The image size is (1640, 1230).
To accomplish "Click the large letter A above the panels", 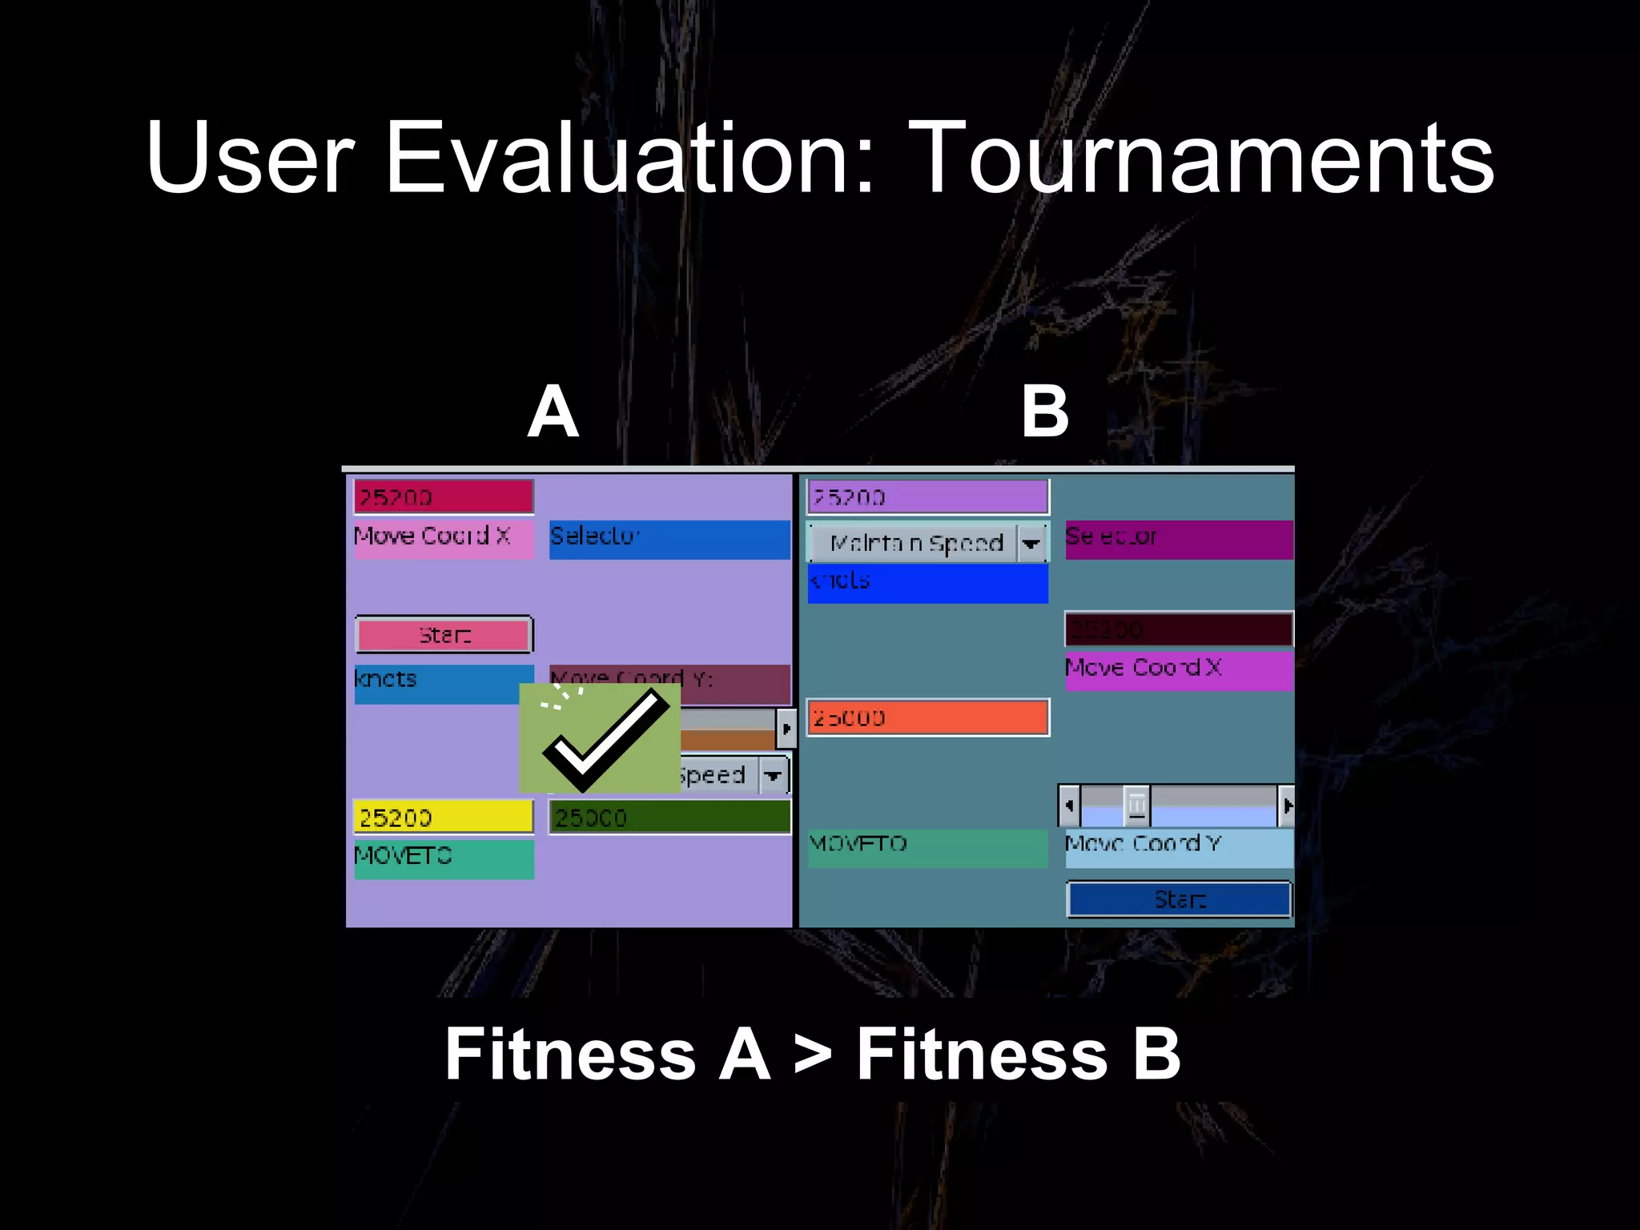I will pyautogui.click(x=553, y=412).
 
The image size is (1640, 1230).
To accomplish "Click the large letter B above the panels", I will pyautogui.click(x=1044, y=412).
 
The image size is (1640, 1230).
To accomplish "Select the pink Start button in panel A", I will pyautogui.click(x=444, y=635).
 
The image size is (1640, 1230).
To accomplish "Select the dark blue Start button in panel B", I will pyautogui.click(x=1179, y=899).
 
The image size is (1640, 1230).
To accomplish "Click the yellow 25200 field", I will pyautogui.click(x=443, y=817).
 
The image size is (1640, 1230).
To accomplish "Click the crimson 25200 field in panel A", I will pyautogui.click(x=443, y=497).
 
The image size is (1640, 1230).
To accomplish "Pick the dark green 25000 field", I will pyautogui.click(x=669, y=818).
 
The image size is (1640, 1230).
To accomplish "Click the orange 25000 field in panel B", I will pyautogui.click(x=927, y=717).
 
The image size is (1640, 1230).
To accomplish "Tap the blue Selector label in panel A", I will pyautogui.click(x=669, y=539).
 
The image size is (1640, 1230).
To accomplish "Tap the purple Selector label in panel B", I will pyautogui.click(x=1179, y=539).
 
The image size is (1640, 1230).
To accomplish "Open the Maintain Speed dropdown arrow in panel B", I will pyautogui.click(x=1031, y=544).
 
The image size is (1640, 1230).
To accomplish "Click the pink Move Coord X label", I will pyautogui.click(x=443, y=537).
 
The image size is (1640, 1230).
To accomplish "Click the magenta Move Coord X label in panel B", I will pyautogui.click(x=1179, y=670).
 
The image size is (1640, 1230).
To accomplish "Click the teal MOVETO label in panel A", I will pyautogui.click(x=443, y=858).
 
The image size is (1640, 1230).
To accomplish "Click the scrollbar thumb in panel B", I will pyautogui.click(x=1136, y=805).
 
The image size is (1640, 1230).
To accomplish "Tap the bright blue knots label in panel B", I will pyautogui.click(x=927, y=583).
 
